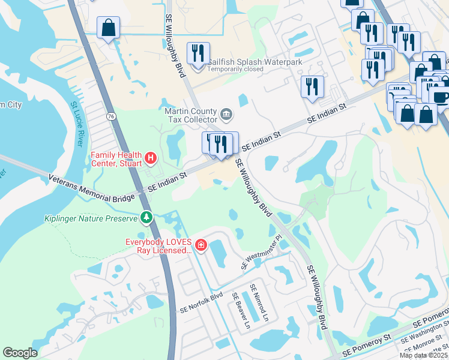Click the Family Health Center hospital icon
[x=151, y=158]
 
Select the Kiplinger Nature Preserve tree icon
[x=145, y=216]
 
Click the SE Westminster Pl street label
[x=261, y=253]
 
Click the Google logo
[x=20, y=353]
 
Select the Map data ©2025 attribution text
[x=424, y=355]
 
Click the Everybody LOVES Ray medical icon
[x=200, y=245]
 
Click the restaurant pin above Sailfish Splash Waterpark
[x=197, y=53]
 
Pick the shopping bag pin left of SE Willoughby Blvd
[x=109, y=28]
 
